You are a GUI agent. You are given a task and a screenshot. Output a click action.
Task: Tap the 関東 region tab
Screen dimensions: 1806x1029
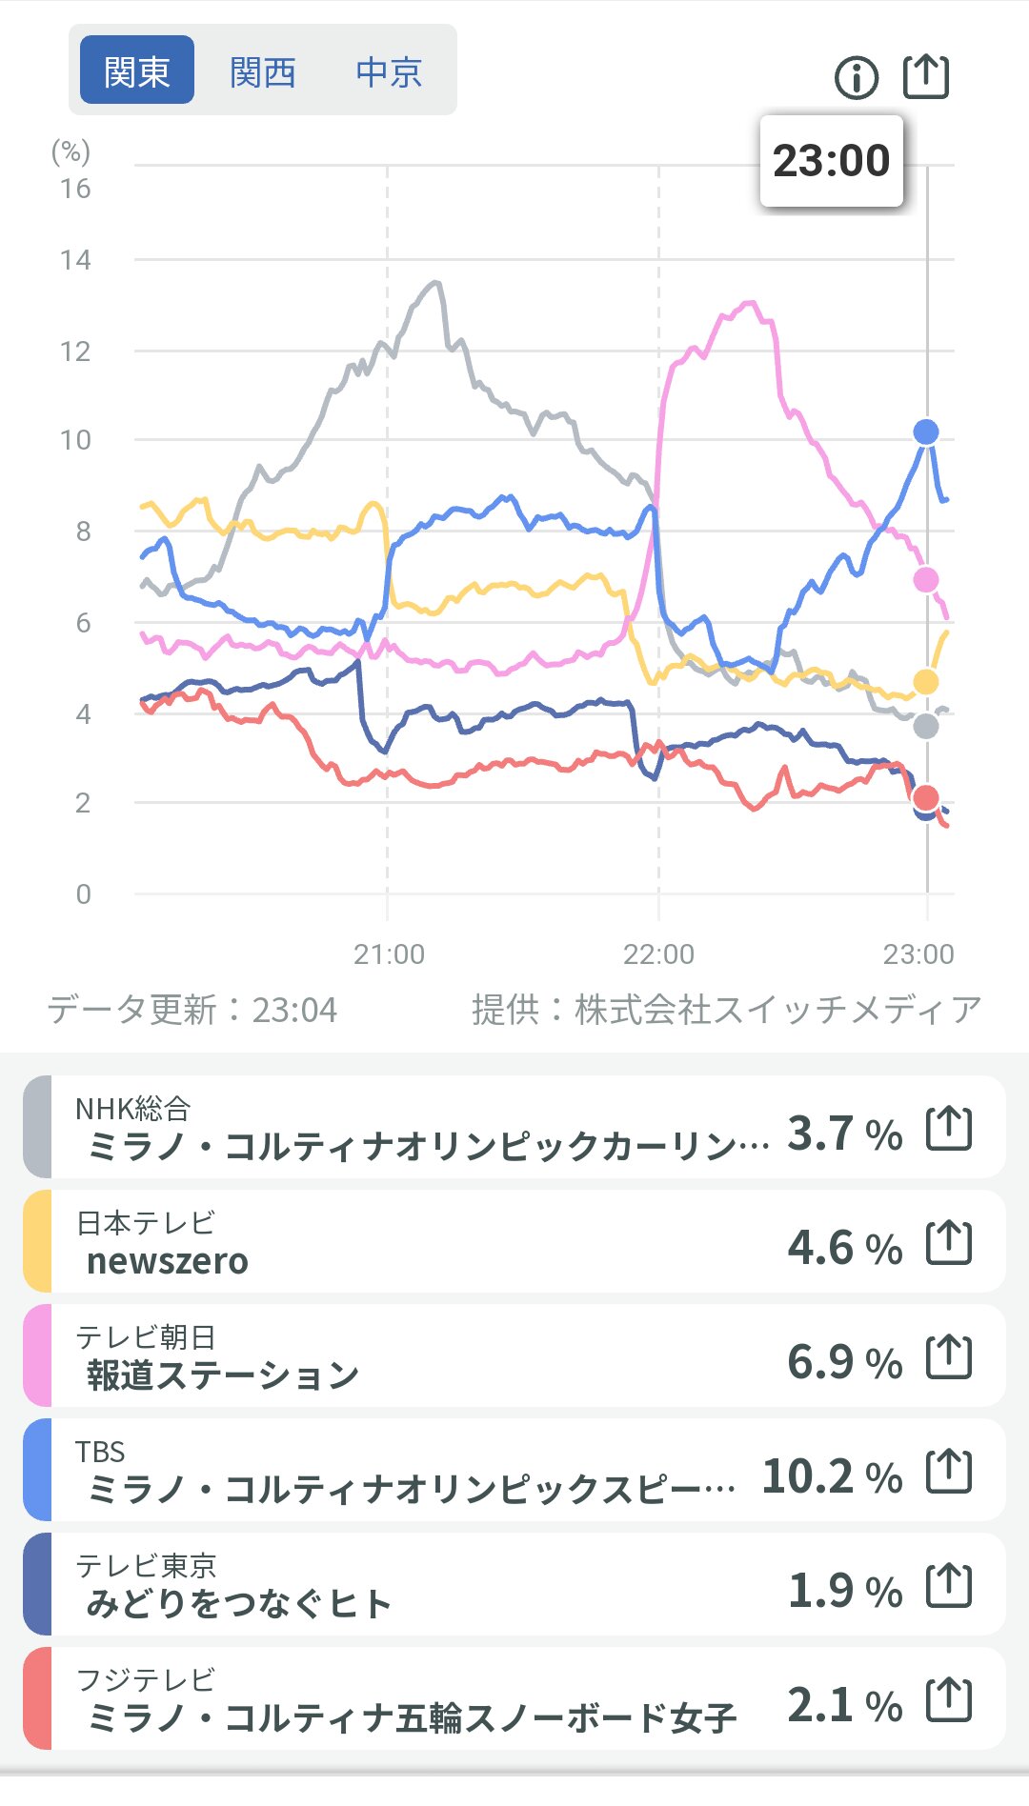click(136, 70)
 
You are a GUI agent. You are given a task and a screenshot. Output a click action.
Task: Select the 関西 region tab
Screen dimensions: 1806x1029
click(263, 71)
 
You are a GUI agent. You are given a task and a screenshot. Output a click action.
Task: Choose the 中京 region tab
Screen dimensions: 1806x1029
click(389, 71)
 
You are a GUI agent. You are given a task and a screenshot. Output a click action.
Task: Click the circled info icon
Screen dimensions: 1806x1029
click(856, 77)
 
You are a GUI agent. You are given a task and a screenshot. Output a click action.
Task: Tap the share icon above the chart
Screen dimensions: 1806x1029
click(925, 76)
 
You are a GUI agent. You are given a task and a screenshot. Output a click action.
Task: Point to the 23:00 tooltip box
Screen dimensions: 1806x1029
click(831, 161)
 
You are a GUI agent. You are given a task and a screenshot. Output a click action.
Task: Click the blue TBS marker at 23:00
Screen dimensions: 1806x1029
click(926, 432)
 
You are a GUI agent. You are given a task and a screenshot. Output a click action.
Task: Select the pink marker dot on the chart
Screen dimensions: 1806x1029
click(926, 579)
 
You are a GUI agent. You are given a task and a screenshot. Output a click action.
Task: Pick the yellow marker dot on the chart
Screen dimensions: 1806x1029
click(926, 682)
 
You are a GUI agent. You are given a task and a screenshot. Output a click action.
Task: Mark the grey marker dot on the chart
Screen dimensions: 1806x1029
click(926, 727)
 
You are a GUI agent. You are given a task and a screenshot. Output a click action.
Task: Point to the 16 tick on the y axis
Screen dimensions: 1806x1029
click(75, 189)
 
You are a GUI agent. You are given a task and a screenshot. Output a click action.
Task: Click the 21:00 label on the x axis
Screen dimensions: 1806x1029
click(389, 953)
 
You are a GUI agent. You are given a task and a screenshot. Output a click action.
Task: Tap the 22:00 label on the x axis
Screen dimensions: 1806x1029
click(658, 953)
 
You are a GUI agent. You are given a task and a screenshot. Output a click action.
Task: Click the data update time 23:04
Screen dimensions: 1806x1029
click(294, 1010)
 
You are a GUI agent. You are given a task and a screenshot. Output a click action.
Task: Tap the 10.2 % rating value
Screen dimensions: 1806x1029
click(832, 1476)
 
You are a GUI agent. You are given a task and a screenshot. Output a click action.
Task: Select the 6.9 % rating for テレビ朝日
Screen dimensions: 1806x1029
click(844, 1362)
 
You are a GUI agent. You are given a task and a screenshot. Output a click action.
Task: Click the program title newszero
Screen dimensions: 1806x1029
click(168, 1261)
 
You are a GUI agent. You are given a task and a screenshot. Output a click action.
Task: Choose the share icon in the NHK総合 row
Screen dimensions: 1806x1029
click(949, 1129)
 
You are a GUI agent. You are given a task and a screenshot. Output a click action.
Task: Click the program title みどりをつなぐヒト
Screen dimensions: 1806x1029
click(239, 1604)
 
